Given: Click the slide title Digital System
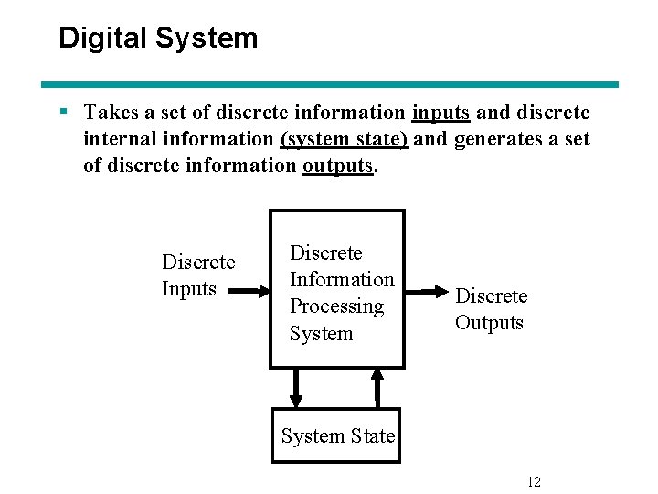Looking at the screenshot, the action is pos(158,38).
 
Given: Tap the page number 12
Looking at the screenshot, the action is pos(534,482).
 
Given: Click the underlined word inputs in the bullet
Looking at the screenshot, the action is pos(440,113).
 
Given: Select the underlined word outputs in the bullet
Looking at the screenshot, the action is pos(338,166).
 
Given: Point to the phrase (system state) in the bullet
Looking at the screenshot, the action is pos(344,139).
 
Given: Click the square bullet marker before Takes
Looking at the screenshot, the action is pos(64,113).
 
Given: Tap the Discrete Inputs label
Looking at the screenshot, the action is pos(197,275).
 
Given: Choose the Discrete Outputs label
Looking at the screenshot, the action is pos(491,309).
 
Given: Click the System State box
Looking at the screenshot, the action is pos(337,436).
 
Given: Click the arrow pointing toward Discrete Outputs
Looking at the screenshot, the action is pos(424,291).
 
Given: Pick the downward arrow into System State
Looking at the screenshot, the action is pos(295,388).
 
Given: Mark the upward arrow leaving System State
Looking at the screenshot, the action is pos(377,388).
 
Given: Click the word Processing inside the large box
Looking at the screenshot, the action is pos(336,306).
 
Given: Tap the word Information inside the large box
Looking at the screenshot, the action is pos(341,280).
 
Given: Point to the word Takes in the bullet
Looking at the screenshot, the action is pos(111,113).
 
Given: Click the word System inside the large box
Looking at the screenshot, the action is pos(321,333).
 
